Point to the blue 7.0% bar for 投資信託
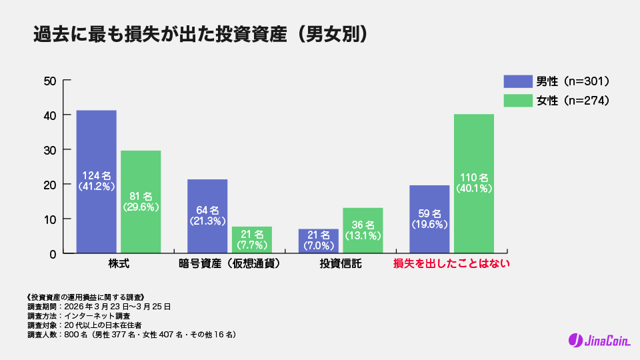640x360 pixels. tap(318, 241)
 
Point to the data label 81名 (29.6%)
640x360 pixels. tap(141, 201)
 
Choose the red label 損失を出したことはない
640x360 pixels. tap(451, 263)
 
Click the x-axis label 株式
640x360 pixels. tap(119, 263)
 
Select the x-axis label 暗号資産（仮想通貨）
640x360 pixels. tap(229, 263)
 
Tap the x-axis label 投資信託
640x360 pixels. tap(341, 263)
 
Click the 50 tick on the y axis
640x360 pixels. tap(49, 81)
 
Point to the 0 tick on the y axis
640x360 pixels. tap(52, 253)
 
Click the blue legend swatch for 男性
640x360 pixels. tap(517, 81)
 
